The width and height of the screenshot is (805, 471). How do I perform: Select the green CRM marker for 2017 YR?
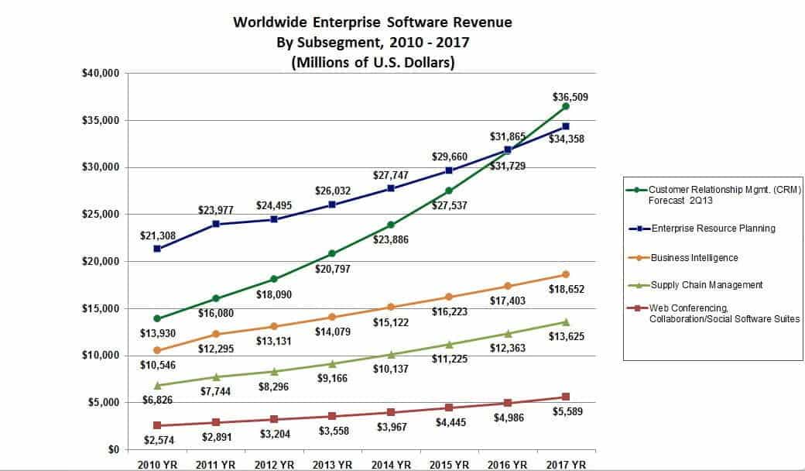pyautogui.click(x=566, y=106)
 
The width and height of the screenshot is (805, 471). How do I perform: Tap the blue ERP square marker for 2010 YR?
pyautogui.click(x=158, y=249)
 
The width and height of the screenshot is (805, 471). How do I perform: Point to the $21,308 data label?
pyautogui.click(x=158, y=235)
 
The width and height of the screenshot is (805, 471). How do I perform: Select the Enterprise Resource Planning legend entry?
pyautogui.click(x=712, y=229)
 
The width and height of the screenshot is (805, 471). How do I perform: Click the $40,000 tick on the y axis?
pyautogui.click(x=99, y=74)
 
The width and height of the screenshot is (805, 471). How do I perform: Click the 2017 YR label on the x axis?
pyautogui.click(x=567, y=464)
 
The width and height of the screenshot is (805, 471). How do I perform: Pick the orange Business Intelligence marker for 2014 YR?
pyautogui.click(x=391, y=307)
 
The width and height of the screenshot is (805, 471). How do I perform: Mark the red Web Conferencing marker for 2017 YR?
pyautogui.click(x=566, y=397)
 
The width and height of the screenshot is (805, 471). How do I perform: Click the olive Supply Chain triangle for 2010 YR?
pyautogui.click(x=158, y=385)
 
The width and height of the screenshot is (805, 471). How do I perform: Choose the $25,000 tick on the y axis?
pyautogui.click(x=99, y=215)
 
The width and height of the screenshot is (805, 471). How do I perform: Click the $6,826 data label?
pyautogui.click(x=158, y=399)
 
